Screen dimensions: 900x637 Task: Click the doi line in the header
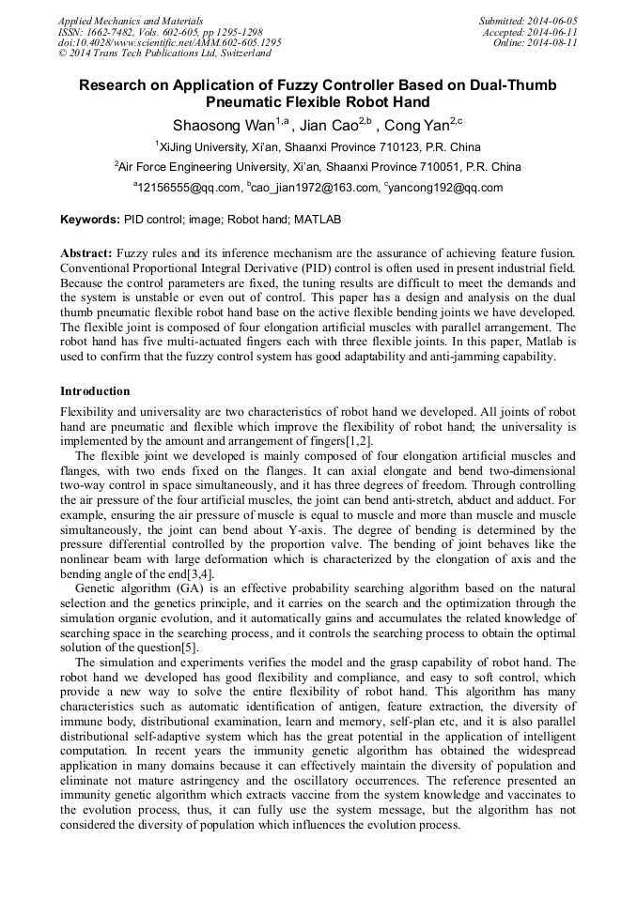169,42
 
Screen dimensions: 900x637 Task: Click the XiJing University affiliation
318,146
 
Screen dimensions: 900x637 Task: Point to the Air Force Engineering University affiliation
318,167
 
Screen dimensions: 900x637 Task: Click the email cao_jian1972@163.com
313,188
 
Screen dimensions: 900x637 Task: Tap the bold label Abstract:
86,254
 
